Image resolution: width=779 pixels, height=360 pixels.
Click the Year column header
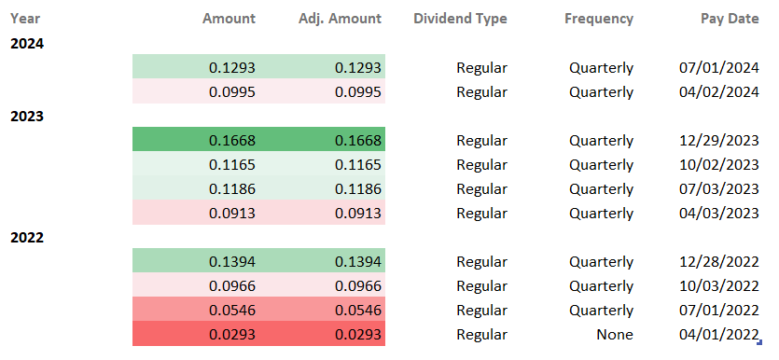(25, 19)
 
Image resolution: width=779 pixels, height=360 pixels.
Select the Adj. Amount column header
(340, 19)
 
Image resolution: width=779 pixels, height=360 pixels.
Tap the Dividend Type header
(460, 19)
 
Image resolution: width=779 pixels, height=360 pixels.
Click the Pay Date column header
(729, 19)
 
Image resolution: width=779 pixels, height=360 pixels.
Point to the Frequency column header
(598, 19)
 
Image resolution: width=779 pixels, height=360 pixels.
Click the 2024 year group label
(27, 43)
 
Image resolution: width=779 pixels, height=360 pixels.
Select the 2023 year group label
(27, 116)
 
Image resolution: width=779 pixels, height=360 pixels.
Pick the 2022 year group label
(27, 237)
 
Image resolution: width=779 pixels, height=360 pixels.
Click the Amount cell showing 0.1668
(231, 140)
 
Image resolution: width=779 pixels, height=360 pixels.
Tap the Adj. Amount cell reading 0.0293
(357, 334)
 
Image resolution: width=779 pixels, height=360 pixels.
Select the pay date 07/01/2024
(718, 67)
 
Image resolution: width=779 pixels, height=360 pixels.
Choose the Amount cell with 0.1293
(231, 67)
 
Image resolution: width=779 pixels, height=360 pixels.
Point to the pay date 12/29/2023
(718, 140)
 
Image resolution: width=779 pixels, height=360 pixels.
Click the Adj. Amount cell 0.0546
(357, 310)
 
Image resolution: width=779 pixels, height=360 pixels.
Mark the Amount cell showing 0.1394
(231, 261)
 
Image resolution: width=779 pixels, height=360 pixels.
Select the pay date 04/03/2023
(718, 213)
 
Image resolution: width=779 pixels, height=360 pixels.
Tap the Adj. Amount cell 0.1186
(357, 188)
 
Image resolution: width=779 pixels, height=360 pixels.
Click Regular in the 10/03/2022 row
(481, 285)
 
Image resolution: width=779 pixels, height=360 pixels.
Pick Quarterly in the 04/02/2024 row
(601, 91)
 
